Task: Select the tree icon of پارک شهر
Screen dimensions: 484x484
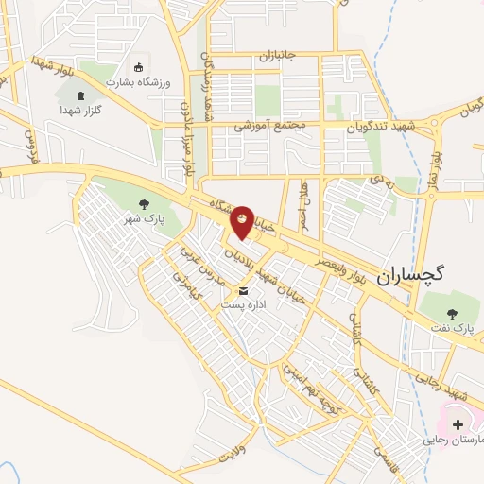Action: point(144,203)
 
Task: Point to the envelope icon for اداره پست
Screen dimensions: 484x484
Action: point(244,290)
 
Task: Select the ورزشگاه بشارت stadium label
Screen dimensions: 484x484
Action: point(136,82)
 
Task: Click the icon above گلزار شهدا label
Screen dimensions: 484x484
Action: point(78,95)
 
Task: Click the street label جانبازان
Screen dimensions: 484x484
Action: point(277,56)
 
